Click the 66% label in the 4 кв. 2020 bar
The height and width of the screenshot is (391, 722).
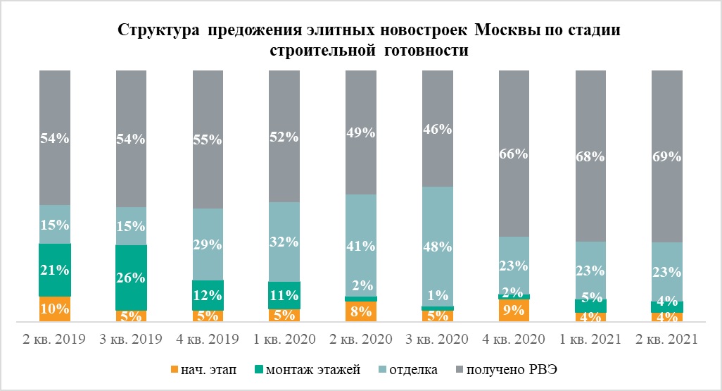coord(514,154)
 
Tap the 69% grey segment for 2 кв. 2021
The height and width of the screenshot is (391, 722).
coord(667,156)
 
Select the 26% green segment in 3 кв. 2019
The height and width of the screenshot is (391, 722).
coord(131,277)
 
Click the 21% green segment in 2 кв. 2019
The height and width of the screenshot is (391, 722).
coord(54,270)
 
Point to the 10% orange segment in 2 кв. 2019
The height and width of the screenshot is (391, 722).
coord(54,308)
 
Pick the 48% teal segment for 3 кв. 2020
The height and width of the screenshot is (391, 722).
coord(438,246)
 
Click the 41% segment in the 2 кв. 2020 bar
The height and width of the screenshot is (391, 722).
coord(361,244)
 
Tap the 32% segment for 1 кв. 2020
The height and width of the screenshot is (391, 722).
coord(284,241)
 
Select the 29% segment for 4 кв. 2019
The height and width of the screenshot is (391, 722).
coord(208,244)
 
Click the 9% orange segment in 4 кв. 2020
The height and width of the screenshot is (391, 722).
coord(514,309)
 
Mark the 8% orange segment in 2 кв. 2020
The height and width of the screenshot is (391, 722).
coord(361,311)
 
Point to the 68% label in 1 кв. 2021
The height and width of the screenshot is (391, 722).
coord(591,157)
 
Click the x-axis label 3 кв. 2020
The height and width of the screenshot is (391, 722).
coord(438,340)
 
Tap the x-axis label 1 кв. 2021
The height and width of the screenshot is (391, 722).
coord(591,340)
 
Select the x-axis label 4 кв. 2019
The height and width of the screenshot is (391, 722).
coord(208,340)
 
